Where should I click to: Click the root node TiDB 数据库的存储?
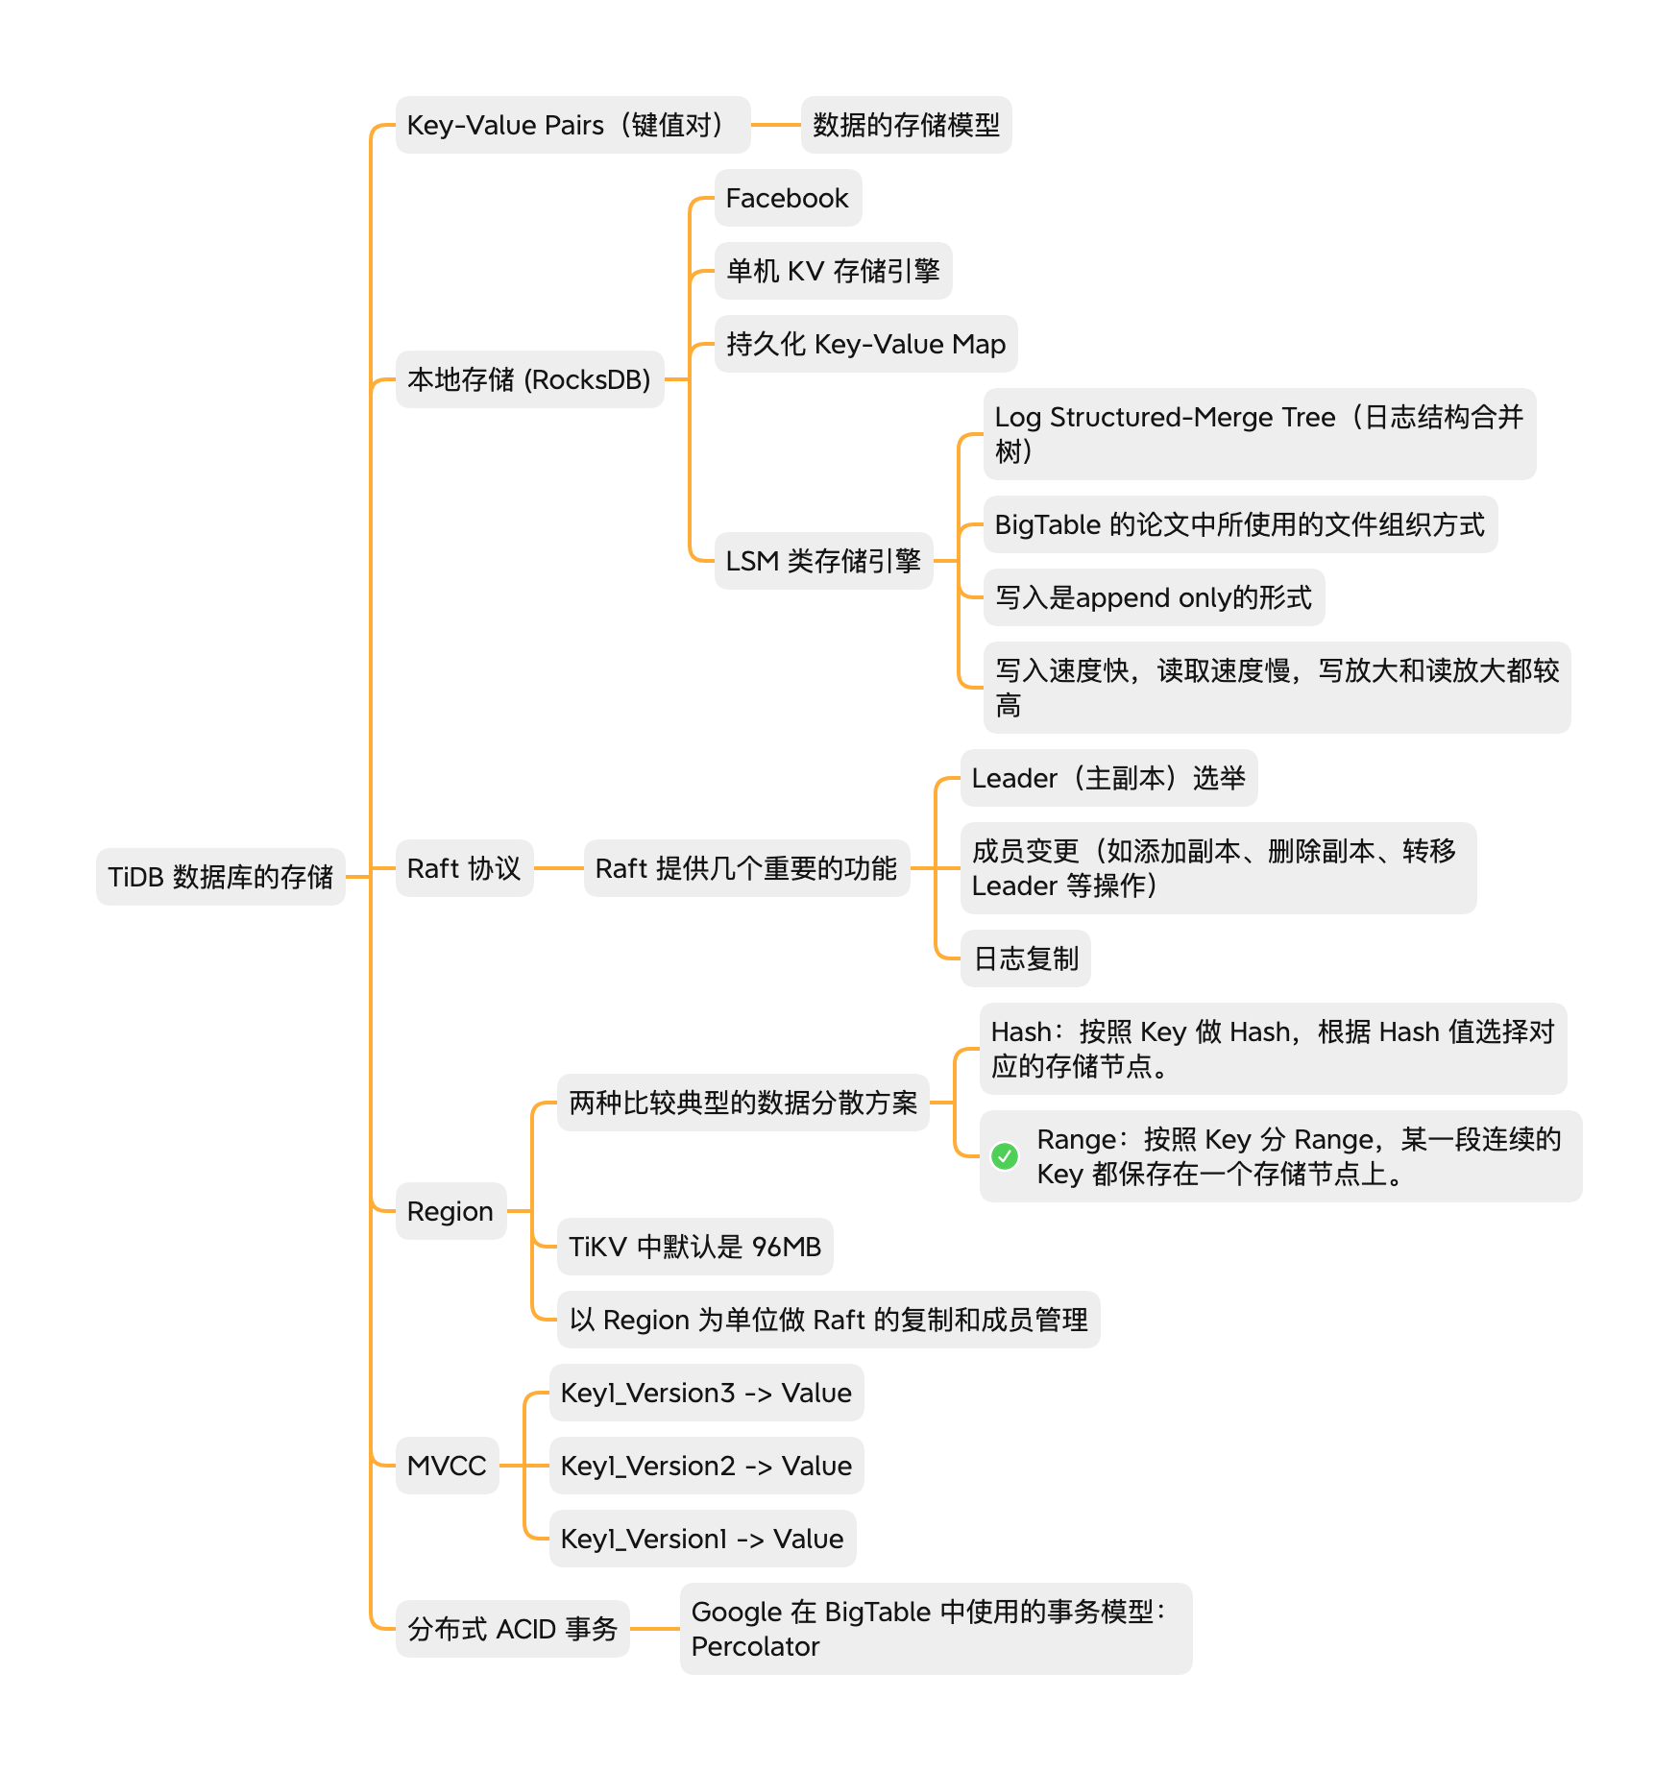(x=220, y=876)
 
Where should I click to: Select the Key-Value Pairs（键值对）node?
(x=572, y=125)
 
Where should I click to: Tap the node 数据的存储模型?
(x=906, y=125)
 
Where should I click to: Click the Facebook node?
(x=788, y=198)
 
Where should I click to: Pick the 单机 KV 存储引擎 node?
(x=833, y=271)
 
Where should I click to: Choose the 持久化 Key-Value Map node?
(x=865, y=344)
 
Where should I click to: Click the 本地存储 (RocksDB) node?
(x=529, y=379)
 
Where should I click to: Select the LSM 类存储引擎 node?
(x=823, y=561)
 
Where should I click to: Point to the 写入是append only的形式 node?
(x=1154, y=597)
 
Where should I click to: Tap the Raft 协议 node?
(x=464, y=868)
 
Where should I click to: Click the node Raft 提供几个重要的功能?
(x=746, y=868)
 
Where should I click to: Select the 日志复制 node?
(x=1025, y=958)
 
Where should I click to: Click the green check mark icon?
(x=1005, y=1156)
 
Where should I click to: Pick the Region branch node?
(x=450, y=1211)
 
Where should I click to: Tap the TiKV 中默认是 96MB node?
(x=694, y=1247)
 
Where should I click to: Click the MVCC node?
(x=447, y=1466)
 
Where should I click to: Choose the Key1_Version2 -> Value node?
(x=706, y=1466)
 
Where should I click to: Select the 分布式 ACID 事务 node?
(x=512, y=1629)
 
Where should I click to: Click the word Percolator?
(x=756, y=1646)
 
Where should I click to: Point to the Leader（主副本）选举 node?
(x=1108, y=778)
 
